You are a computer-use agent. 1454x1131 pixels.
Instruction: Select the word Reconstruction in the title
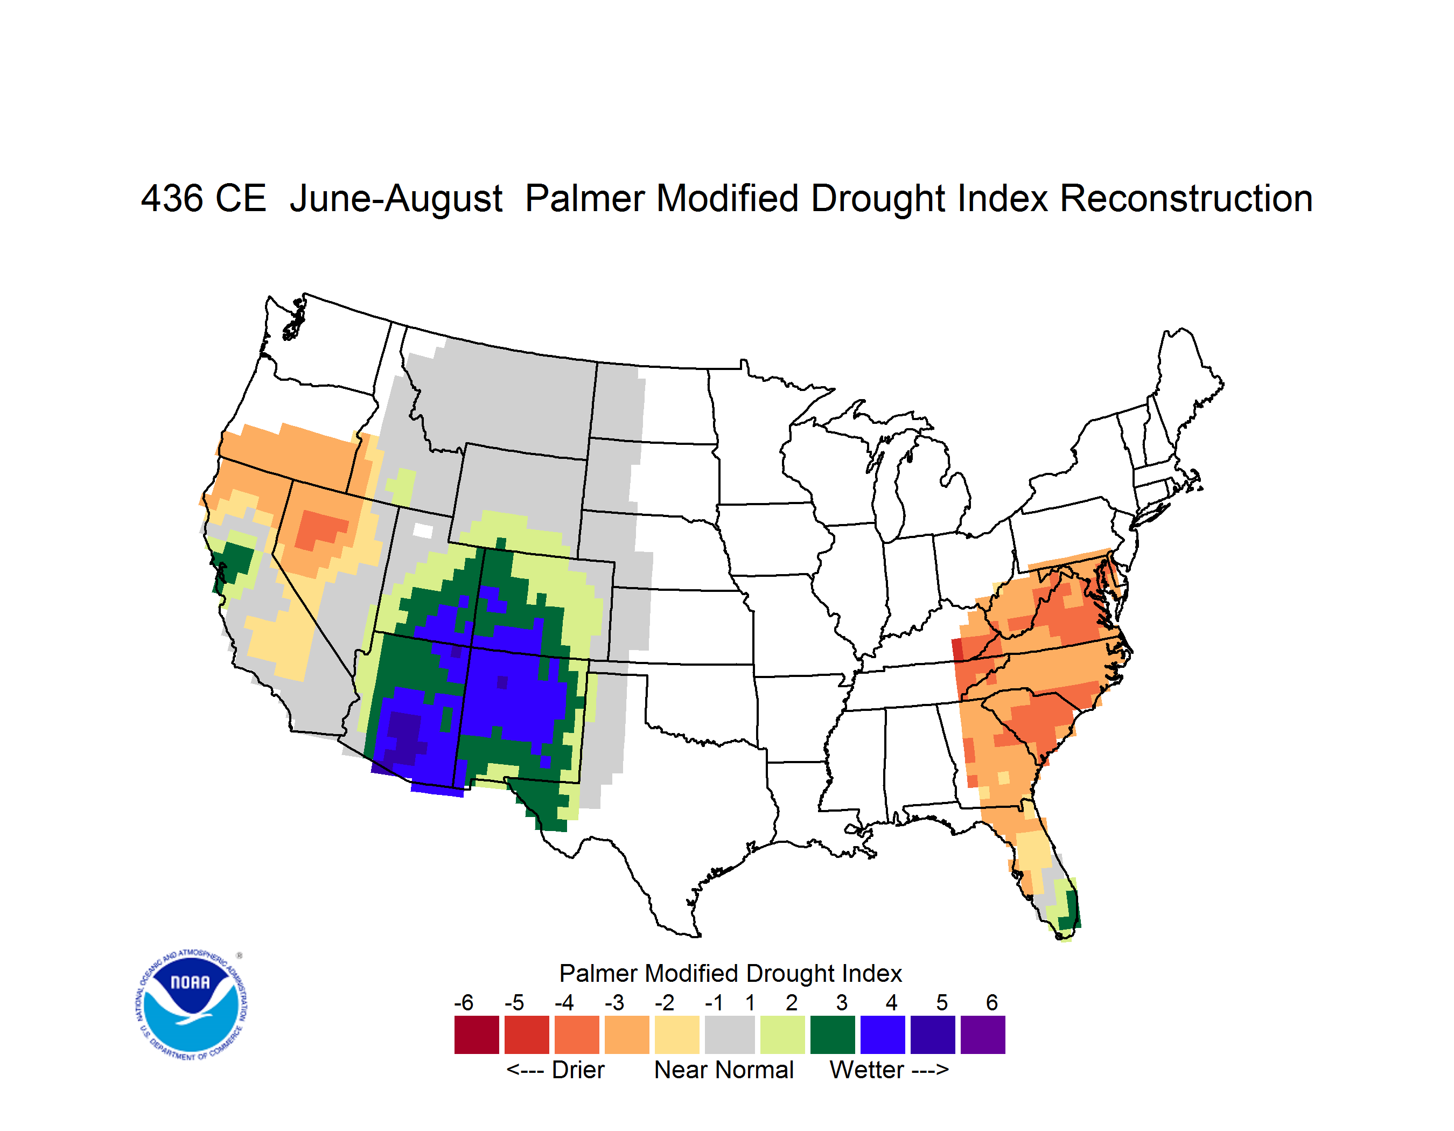pos(1186,198)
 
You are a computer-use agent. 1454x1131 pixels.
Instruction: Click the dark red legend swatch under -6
pos(477,1035)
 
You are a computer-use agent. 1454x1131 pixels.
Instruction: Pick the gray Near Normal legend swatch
pos(730,1035)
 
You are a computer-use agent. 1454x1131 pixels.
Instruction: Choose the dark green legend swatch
pos(832,1035)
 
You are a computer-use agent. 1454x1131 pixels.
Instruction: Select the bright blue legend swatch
pos(883,1035)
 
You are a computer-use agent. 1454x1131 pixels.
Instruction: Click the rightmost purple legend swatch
pos(983,1035)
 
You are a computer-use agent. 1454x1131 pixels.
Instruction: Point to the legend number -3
pos(614,1002)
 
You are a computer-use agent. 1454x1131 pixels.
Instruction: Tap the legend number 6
pos(992,1002)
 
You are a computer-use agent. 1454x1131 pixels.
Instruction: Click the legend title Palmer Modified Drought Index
pos(730,973)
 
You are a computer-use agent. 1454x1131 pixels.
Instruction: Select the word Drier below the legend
pos(578,1070)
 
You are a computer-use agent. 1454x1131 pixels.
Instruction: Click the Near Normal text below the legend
pos(724,1070)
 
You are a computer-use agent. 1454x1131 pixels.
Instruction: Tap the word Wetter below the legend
pos(866,1070)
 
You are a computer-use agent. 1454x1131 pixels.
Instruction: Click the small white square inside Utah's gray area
pos(423,530)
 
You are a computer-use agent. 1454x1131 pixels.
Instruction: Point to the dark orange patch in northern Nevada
pos(321,528)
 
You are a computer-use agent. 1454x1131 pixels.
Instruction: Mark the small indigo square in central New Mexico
pos(502,682)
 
